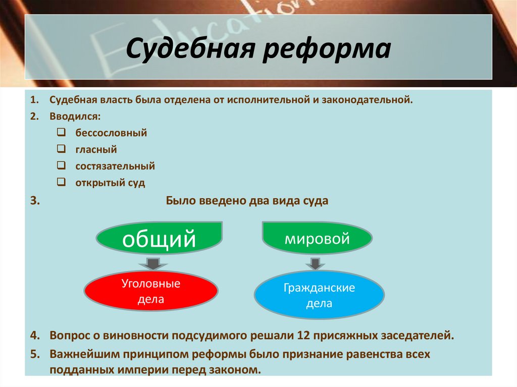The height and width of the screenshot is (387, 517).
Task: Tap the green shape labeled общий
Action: (159, 238)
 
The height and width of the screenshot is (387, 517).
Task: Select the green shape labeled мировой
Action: (317, 238)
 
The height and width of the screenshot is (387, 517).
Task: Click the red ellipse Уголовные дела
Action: (151, 291)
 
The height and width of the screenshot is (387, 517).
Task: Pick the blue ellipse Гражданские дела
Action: (319, 296)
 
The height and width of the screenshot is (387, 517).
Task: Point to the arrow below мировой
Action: (315, 264)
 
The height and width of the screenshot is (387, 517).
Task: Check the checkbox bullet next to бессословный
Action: (61, 133)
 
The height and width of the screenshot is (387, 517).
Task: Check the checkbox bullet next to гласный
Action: (61, 149)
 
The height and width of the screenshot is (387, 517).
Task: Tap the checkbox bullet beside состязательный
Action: (61, 165)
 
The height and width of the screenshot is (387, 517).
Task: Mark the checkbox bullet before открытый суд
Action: (61, 182)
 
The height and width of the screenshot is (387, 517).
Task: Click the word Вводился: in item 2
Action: (75, 117)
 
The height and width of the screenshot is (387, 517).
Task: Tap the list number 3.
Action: (34, 200)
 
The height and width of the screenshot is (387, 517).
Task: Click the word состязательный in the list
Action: (115, 166)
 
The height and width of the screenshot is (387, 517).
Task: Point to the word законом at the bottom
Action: (232, 369)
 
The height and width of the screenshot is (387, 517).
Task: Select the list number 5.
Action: (34, 354)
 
